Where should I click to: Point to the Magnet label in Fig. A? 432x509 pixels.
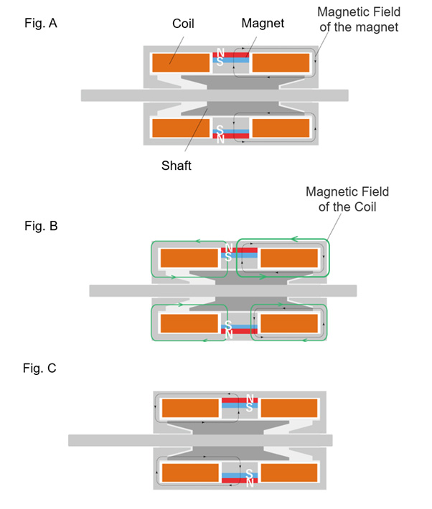point(263,24)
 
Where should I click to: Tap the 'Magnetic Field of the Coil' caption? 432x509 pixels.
point(347,199)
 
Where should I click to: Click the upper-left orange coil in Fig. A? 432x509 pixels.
point(180,62)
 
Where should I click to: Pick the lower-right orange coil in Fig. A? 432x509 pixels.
point(281,128)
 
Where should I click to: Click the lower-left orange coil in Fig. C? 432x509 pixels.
point(190,473)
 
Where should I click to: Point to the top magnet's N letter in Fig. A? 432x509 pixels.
point(220,54)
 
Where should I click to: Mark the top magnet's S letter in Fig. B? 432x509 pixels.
point(228,256)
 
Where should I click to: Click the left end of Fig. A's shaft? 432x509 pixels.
point(86,95)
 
